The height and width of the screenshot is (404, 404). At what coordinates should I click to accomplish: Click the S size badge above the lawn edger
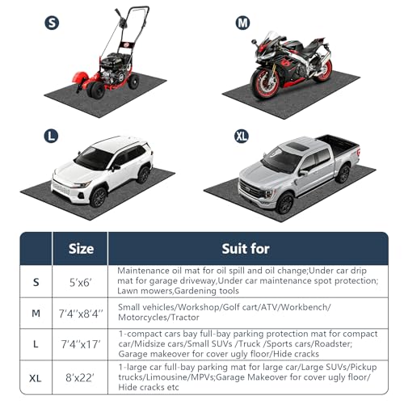(52, 23)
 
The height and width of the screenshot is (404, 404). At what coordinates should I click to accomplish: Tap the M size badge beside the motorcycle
(242, 23)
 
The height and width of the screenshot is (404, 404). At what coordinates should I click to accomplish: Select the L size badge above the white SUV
(51, 136)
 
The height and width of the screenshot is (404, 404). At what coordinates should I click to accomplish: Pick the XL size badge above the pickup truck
(242, 136)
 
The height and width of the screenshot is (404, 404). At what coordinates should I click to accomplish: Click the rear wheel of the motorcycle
(323, 69)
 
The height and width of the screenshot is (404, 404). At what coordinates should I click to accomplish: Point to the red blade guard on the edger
(79, 79)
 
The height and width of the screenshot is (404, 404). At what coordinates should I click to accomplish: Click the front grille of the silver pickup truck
(250, 189)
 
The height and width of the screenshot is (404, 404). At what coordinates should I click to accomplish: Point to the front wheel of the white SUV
(98, 197)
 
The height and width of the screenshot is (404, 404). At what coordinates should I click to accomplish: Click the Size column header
(81, 249)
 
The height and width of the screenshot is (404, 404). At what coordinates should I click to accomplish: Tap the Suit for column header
(246, 249)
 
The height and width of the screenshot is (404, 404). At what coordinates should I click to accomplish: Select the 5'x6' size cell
(80, 283)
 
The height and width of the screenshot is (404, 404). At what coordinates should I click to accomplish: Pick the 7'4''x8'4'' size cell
(81, 314)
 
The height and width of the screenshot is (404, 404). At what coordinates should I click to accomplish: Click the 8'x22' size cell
(80, 377)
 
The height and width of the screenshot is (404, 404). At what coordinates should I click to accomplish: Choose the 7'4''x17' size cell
(81, 344)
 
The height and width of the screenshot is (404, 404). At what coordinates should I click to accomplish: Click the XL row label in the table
(36, 378)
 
